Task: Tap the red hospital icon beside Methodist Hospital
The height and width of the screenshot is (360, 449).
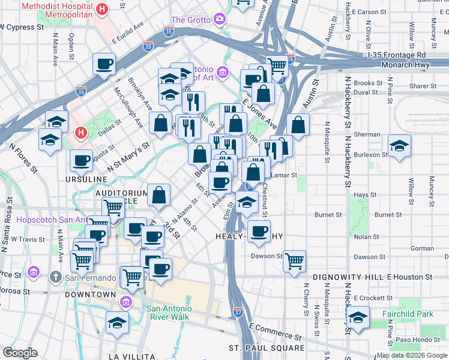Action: click(102, 10)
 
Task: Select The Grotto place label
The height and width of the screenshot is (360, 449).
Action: click(191, 20)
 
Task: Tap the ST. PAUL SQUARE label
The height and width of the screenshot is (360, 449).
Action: click(267, 348)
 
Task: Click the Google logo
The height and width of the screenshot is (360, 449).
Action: click(20, 353)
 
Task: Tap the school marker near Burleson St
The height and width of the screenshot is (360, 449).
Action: click(399, 146)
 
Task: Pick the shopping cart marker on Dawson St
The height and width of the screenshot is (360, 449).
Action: click(294, 260)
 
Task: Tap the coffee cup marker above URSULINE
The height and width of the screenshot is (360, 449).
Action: click(81, 160)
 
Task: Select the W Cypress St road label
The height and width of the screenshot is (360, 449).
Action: click(23, 28)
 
